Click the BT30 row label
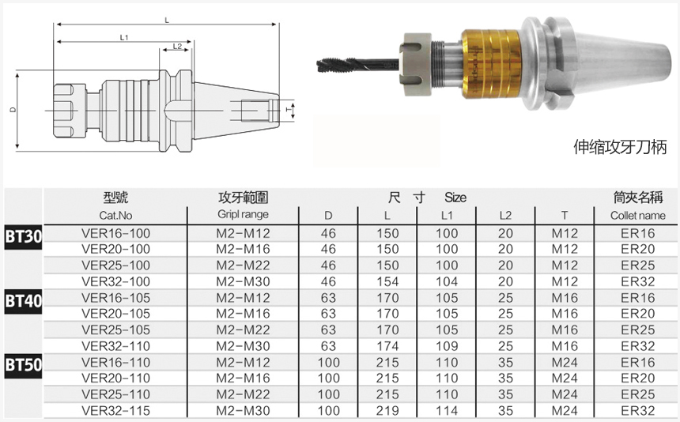(x=24, y=236)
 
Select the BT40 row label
(x=24, y=300)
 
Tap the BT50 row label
(x=24, y=365)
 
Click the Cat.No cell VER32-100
(x=115, y=281)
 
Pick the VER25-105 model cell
(x=115, y=330)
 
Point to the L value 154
(x=387, y=281)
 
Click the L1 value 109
(x=447, y=346)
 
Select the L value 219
(x=387, y=410)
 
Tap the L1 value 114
(x=447, y=410)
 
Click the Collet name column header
(x=637, y=215)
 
